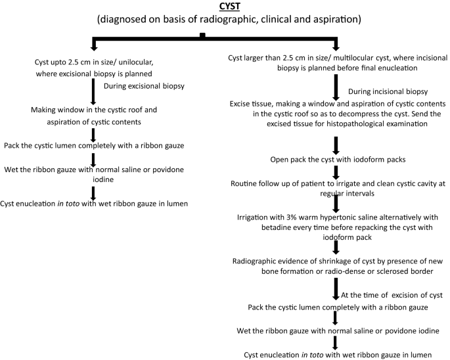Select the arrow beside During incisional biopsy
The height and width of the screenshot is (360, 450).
[x=336, y=87]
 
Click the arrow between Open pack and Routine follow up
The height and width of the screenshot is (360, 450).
[x=336, y=171]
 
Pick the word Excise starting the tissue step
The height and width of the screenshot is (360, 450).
[x=242, y=104]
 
